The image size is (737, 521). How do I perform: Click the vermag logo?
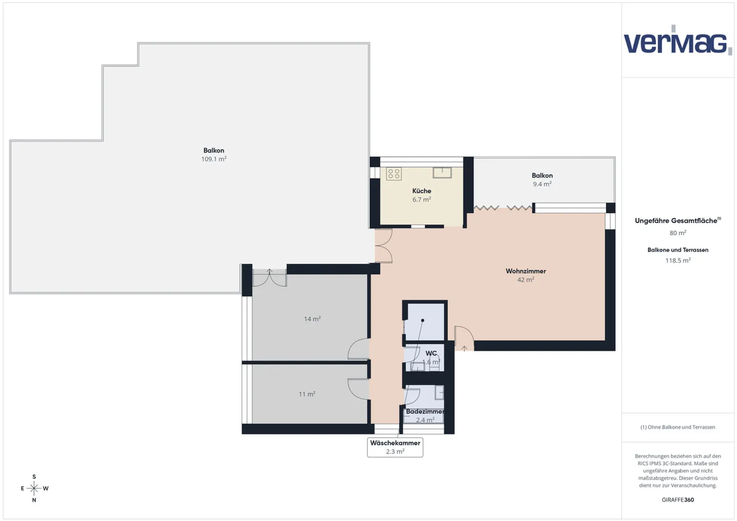[x=678, y=40]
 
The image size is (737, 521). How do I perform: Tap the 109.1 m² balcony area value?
[x=214, y=159]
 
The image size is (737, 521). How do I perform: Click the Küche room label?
[x=422, y=191]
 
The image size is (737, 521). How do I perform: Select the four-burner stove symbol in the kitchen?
[x=394, y=174]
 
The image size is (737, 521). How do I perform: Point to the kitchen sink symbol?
[x=442, y=173]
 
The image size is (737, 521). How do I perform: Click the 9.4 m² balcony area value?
[x=542, y=184]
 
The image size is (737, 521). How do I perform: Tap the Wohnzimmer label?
[x=526, y=271]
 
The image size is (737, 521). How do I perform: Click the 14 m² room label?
[x=312, y=319]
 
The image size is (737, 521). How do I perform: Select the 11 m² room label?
[x=307, y=394]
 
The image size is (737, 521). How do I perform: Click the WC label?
[x=431, y=353]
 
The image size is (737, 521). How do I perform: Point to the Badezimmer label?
[x=425, y=412]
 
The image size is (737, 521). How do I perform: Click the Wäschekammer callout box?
[x=395, y=447]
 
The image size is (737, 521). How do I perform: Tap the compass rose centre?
[x=34, y=488]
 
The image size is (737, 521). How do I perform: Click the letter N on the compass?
[x=34, y=500]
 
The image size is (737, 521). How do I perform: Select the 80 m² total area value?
[x=678, y=233]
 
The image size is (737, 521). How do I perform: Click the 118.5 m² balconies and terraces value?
[x=678, y=260]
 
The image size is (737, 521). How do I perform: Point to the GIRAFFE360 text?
[x=678, y=500]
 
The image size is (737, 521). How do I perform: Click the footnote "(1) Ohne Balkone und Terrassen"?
[x=678, y=427]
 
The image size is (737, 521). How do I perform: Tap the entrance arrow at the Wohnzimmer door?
[x=464, y=348]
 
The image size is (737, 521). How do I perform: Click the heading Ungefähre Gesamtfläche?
[x=678, y=220]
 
